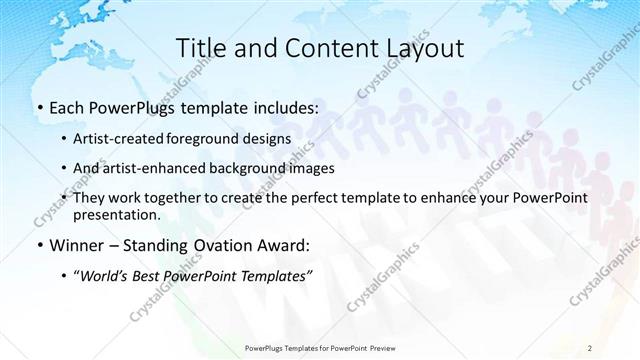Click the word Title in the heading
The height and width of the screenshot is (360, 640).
(x=198, y=48)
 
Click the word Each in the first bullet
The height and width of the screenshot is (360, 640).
(x=68, y=107)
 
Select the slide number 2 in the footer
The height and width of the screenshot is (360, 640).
(x=590, y=347)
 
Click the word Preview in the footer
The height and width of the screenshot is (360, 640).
(x=379, y=347)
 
